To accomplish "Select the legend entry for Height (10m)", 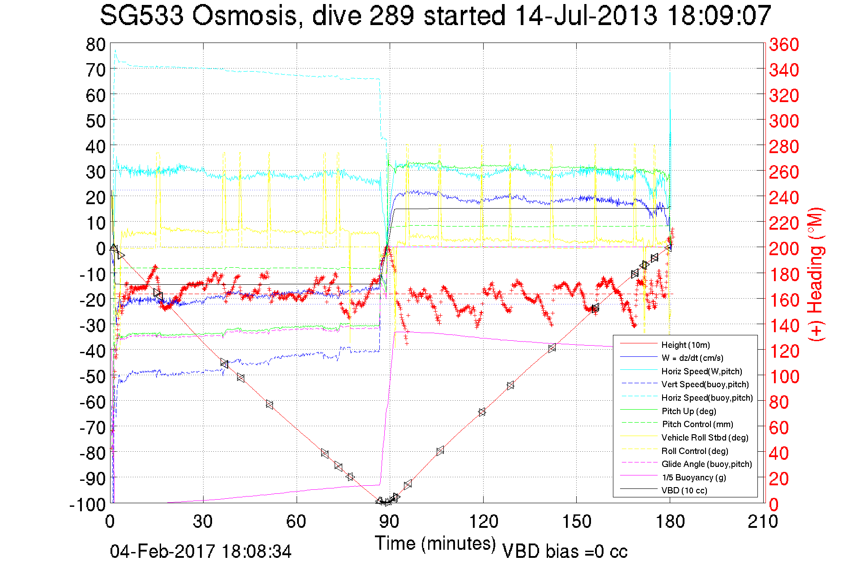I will (x=685, y=345).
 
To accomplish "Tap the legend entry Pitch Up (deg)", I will (x=689, y=411).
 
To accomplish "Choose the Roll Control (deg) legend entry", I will (x=694, y=451).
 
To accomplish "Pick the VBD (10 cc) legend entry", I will (x=684, y=490).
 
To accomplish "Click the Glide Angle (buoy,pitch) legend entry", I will (x=706, y=464).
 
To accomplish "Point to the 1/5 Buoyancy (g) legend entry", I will (x=693, y=477).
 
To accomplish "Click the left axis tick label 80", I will (x=96, y=44).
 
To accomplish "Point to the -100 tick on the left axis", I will (x=88, y=505).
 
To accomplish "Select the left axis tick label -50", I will (x=92, y=377).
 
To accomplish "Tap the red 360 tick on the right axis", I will (x=784, y=44).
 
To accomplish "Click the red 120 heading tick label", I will (x=784, y=351).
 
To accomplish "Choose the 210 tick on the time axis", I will (x=763, y=522).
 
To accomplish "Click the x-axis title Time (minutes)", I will (x=435, y=544).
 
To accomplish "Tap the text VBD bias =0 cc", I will (x=565, y=552).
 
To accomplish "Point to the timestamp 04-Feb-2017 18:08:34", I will (x=201, y=552).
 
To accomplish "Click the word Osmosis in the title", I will (x=245, y=16).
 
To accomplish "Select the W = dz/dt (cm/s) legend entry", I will (x=692, y=358).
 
